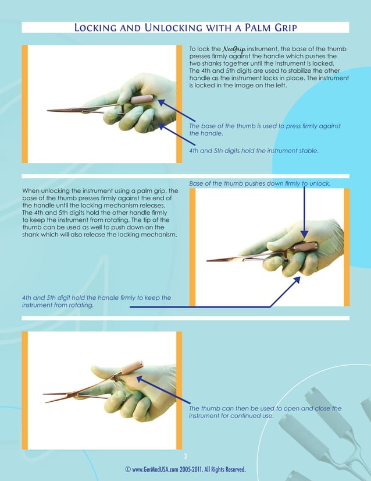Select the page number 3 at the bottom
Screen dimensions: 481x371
point(185,456)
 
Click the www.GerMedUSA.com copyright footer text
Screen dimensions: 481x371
point(185,469)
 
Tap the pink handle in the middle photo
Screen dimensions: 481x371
point(304,247)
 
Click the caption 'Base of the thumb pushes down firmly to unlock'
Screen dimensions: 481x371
point(259,183)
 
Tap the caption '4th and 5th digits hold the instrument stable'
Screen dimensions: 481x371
point(254,150)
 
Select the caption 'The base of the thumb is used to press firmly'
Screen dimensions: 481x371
point(265,129)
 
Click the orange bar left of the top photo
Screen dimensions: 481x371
point(25,104)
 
